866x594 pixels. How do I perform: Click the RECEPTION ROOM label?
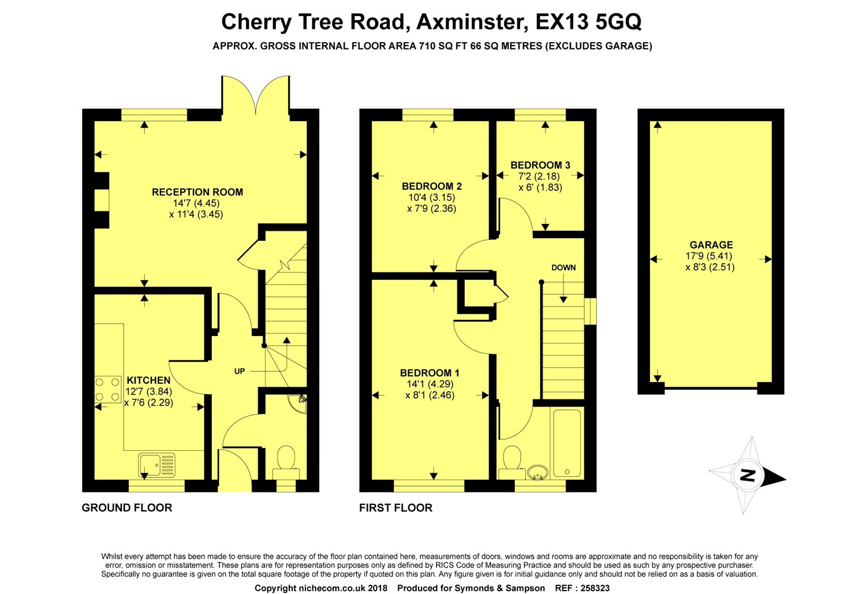197,192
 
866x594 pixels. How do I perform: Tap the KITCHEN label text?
148,380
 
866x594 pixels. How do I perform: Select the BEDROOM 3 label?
540,165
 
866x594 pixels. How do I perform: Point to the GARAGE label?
711,245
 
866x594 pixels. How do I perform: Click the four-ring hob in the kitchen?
107,390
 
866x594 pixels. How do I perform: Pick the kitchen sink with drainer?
156,465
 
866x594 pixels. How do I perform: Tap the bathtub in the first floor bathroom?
567,443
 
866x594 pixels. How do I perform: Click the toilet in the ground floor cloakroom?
286,462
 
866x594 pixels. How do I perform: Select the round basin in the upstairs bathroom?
538,472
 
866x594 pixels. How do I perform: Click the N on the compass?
747,475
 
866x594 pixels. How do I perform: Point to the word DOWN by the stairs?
563,267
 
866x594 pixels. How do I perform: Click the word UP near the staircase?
240,371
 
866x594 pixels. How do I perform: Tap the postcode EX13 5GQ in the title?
588,21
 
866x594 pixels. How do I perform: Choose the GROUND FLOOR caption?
127,507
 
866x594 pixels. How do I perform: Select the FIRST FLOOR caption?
395,507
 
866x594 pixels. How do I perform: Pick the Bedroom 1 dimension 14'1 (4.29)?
430,384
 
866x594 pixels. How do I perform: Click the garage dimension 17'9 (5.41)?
709,256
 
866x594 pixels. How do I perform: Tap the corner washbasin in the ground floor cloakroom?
298,403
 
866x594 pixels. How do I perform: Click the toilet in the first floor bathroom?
512,462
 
